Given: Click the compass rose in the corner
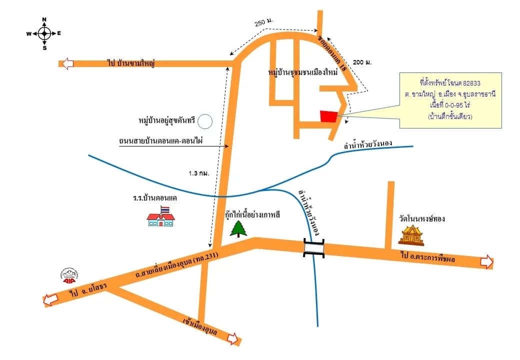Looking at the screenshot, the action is pos(44,33).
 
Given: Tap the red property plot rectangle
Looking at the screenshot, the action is pos(328,116).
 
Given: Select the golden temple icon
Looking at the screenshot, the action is pos(411,235).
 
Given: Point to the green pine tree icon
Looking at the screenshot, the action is pos(239,228).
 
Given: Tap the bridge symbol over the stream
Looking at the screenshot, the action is pos(314,247).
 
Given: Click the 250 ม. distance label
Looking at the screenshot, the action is pos(263,22).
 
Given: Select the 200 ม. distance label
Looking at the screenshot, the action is pos(362,62).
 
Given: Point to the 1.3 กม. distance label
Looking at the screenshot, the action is pos(199,173).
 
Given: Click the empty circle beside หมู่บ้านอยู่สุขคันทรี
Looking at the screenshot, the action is pos(205,121).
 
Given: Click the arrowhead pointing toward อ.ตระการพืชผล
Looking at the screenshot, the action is pos(487,262).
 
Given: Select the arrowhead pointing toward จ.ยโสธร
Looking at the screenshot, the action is pos(50,300).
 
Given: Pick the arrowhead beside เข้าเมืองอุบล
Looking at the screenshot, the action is pos(233,339).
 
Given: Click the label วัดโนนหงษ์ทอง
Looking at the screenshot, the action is pos(422,219).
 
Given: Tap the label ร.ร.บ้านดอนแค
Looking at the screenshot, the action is pos(155,198).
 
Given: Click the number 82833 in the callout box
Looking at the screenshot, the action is pos(471,83).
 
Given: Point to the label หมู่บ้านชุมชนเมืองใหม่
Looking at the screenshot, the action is pos(303,72).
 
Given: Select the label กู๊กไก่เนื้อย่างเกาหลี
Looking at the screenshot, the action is pos(252,214).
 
